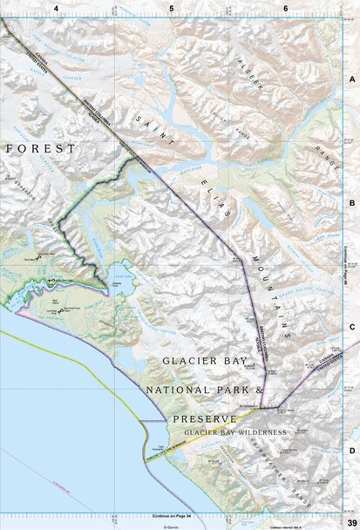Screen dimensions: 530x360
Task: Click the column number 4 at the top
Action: click(x=56, y=8)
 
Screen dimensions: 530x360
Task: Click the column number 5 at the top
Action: click(x=172, y=8)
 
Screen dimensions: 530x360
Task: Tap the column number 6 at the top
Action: click(x=286, y=8)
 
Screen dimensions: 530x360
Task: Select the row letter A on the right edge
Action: click(x=352, y=78)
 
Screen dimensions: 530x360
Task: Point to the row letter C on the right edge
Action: click(x=352, y=327)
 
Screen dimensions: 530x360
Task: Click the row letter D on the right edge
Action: click(x=352, y=450)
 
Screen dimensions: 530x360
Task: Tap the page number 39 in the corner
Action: click(x=350, y=520)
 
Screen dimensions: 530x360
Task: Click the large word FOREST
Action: click(x=41, y=149)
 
